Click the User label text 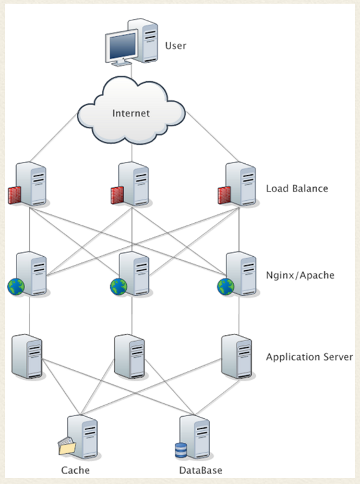175,46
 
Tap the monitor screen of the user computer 122,46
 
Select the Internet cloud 131,111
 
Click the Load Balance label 297,188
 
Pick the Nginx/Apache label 300,275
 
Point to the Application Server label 310,357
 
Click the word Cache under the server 75,470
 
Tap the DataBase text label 201,470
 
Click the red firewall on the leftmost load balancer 15,195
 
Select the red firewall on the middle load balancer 117,195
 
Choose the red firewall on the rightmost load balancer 224,195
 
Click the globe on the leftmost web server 16,286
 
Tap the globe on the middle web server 118,286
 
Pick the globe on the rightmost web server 226,286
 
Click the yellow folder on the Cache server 67,446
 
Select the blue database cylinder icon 181,450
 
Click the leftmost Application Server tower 27,357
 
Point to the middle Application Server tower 130,357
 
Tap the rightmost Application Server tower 237,357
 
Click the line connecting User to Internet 132,70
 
